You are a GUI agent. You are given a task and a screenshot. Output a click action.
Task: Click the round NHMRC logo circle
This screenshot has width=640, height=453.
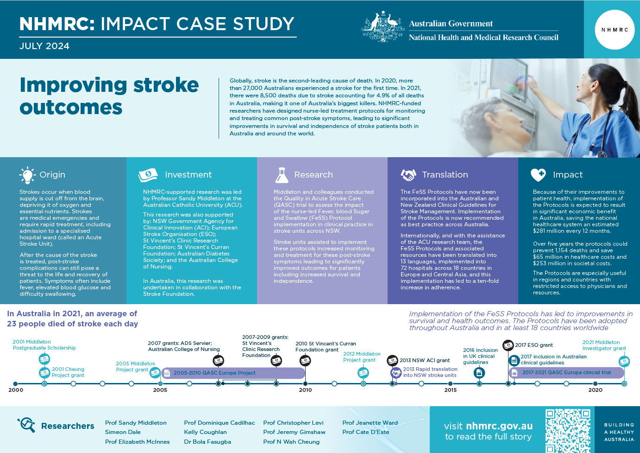click(615, 30)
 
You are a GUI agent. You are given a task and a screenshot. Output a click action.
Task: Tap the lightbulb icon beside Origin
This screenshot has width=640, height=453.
click(27, 175)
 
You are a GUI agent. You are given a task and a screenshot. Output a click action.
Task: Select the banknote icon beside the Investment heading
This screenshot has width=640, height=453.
click(148, 175)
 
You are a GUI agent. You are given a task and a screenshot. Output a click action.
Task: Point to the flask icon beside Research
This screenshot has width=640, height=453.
click(282, 175)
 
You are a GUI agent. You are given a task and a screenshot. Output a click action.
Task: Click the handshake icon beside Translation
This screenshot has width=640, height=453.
click(408, 175)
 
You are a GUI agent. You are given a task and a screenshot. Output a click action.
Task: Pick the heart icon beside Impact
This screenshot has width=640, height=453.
click(538, 175)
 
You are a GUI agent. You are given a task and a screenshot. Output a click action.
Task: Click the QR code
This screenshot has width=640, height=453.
click(568, 431)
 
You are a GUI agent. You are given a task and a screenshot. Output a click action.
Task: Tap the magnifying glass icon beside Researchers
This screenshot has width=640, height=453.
click(26, 425)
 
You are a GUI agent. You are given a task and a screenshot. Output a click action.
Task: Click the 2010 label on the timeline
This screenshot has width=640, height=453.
click(305, 390)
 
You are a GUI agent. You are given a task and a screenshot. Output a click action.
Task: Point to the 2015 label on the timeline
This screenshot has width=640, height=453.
click(451, 390)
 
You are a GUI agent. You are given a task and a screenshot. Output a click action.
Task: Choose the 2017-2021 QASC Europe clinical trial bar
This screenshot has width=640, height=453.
click(566, 372)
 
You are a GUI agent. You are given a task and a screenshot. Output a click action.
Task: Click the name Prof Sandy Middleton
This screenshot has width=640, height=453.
click(136, 423)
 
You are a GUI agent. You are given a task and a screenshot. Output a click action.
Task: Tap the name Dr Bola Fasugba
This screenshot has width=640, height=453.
click(207, 442)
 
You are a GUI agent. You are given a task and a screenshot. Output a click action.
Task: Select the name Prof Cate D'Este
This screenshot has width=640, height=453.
click(366, 432)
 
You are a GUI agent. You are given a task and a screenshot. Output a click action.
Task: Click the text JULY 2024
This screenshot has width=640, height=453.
click(44, 46)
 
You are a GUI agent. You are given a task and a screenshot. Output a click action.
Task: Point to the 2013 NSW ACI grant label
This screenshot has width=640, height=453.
click(424, 360)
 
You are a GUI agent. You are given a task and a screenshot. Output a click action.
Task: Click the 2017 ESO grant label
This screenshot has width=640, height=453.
click(533, 345)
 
